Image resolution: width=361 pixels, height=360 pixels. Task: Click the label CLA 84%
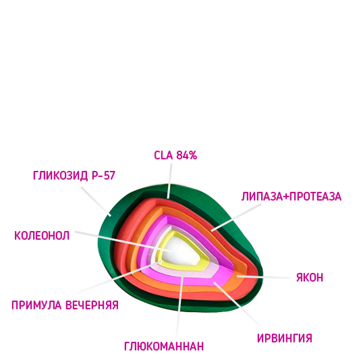175,155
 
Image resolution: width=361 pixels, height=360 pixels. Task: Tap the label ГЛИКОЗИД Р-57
74,176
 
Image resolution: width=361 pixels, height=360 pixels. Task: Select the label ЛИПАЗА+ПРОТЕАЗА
291,197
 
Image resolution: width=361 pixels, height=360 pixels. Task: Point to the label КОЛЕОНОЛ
42,236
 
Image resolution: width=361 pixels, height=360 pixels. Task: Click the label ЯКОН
310,277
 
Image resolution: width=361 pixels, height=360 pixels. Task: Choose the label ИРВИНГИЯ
285,338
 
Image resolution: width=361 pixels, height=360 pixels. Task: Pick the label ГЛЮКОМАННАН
164,346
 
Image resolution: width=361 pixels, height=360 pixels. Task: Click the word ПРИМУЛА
36,305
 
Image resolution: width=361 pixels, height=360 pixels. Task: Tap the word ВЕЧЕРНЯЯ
92,305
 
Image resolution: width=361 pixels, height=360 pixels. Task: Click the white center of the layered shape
182,250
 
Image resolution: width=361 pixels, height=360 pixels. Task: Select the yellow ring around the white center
205,256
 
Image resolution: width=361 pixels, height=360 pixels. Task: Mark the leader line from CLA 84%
169,181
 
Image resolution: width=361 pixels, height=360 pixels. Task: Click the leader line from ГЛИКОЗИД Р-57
96,201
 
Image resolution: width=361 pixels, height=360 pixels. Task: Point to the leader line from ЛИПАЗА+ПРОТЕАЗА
236,217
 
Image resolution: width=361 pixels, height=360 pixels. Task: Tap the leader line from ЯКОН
263,277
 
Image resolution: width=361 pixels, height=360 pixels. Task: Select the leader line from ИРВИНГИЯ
237,304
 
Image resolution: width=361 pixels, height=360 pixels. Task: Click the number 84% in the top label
187,155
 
